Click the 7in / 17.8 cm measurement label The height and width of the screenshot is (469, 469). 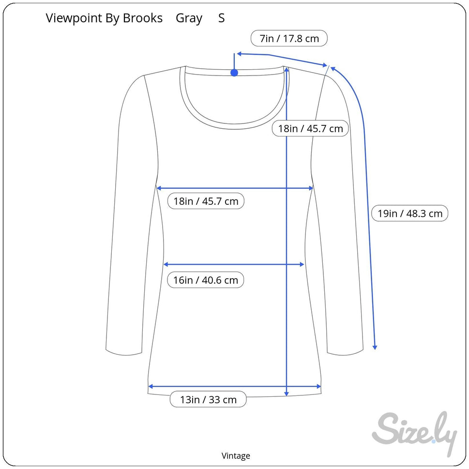[x=289, y=38]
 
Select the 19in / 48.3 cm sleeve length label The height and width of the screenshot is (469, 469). [x=409, y=213]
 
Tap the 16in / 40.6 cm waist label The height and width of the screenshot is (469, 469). [x=206, y=280]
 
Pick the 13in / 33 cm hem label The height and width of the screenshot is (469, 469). [x=208, y=399]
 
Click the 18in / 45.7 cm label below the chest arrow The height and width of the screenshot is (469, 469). [x=206, y=201]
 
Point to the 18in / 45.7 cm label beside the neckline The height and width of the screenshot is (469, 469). [x=310, y=128]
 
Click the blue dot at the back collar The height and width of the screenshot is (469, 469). [x=234, y=73]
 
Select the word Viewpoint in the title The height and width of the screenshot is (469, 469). [x=74, y=18]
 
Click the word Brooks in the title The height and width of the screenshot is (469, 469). [x=143, y=18]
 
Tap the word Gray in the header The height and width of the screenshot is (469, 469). [x=189, y=18]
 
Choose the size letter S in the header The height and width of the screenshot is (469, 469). [x=221, y=18]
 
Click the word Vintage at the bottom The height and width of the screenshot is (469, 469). [x=236, y=456]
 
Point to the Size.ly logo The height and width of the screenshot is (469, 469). [x=415, y=433]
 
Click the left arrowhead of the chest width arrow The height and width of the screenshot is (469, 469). [x=159, y=188]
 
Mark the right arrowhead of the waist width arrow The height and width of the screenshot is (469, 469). [x=302, y=264]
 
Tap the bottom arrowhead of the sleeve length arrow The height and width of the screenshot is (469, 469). [x=375, y=347]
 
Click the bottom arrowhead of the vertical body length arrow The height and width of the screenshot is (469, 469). [x=287, y=393]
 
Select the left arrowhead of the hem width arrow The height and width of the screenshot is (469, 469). [x=151, y=386]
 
